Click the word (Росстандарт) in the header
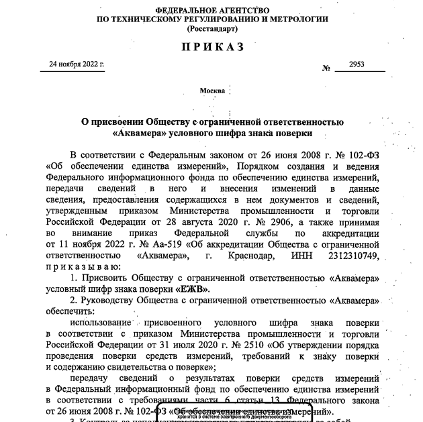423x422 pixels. point(211,30)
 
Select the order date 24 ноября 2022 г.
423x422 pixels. point(77,64)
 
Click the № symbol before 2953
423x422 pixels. point(327,68)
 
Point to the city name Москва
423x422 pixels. point(212,90)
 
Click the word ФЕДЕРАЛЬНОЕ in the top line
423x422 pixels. point(177,11)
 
